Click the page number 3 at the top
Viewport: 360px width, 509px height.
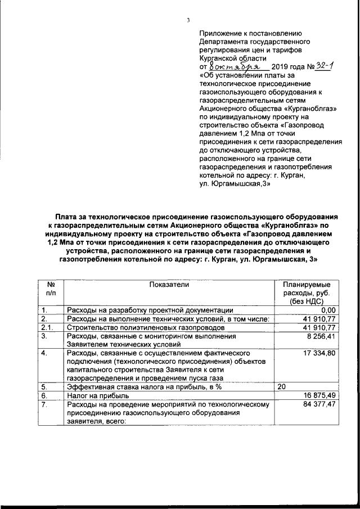coord(188,21)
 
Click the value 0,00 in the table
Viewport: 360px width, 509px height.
coord(327,310)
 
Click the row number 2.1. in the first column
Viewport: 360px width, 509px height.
coord(47,328)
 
